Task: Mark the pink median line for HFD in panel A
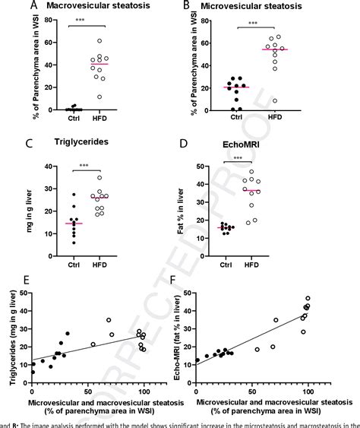(119, 64)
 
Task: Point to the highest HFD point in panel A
(120, 41)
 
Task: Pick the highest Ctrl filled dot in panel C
(73, 195)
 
